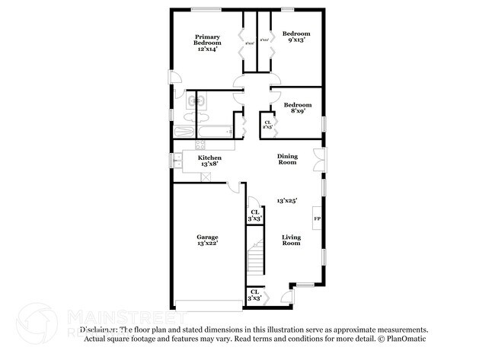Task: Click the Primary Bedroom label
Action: pos(207,39)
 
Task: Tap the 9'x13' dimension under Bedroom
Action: pos(296,40)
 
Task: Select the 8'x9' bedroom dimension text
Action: pos(296,111)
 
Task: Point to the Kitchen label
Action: pos(209,158)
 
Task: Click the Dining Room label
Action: pos(287,159)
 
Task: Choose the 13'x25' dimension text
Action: pos(286,200)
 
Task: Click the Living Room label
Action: pos(291,241)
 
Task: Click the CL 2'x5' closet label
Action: pos(268,123)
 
